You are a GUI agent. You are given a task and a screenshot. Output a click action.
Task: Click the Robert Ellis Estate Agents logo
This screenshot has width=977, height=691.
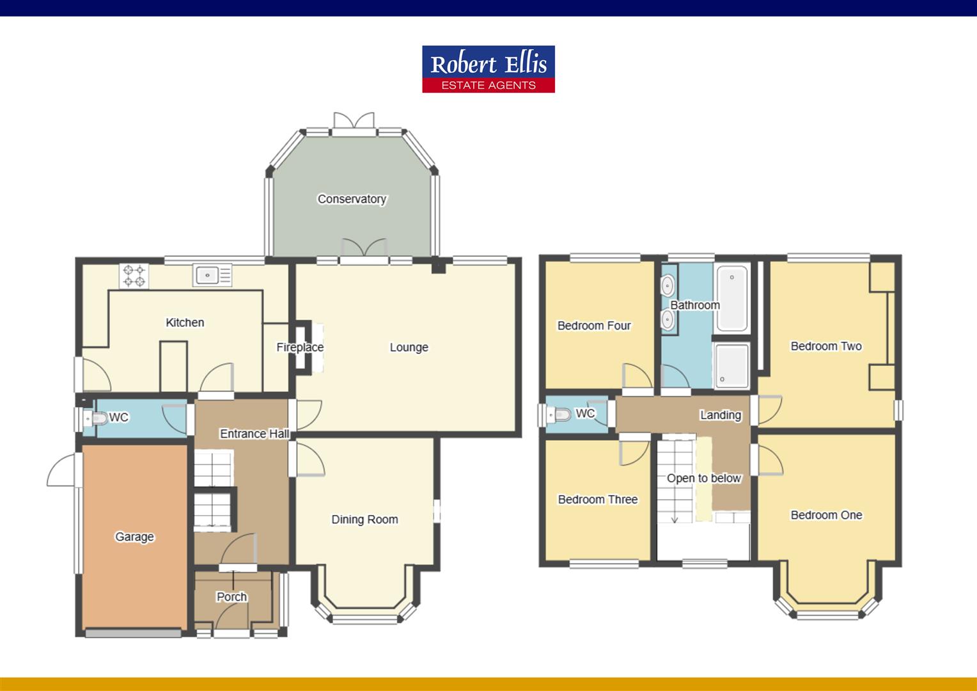(488, 69)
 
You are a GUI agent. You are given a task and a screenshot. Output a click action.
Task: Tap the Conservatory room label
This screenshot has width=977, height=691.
(352, 199)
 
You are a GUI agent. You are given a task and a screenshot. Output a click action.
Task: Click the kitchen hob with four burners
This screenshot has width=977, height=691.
(134, 276)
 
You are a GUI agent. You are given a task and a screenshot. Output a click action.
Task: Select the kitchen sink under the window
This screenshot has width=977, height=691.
(212, 276)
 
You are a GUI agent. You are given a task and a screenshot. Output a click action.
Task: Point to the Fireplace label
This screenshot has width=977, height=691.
(300, 347)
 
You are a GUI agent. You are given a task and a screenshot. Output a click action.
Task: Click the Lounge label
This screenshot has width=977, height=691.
(409, 347)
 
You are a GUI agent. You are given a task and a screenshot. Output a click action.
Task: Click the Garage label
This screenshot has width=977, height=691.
(134, 537)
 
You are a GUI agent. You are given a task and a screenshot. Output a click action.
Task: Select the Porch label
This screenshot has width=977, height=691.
(231, 597)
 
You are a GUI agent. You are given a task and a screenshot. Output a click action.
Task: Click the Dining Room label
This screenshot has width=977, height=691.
(364, 520)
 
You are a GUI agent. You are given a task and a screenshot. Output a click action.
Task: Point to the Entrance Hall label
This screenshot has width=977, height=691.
(254, 434)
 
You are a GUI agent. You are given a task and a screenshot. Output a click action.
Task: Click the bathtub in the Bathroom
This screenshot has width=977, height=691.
(731, 298)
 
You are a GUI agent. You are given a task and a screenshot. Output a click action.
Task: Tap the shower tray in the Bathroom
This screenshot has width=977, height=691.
(731, 365)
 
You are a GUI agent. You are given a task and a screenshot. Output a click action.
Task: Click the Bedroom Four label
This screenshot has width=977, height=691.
(594, 326)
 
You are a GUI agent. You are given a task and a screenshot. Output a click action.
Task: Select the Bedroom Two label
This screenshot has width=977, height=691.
(826, 346)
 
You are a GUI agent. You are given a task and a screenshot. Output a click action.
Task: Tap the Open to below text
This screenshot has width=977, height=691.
(703, 478)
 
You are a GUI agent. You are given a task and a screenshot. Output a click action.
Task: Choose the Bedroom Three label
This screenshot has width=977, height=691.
(598, 500)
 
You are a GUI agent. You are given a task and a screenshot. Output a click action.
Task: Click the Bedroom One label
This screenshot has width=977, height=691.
(826, 515)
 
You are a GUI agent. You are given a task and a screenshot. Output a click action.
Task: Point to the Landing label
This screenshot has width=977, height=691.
(720, 415)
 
